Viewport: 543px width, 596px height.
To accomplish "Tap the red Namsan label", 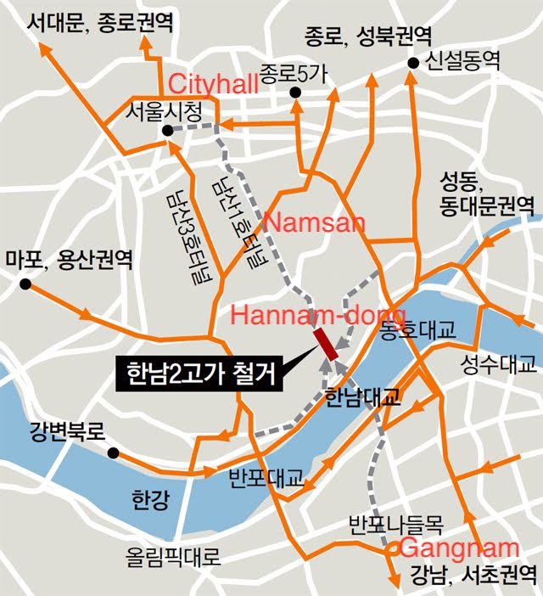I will (315, 223).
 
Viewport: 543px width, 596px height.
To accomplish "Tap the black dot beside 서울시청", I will (167, 130).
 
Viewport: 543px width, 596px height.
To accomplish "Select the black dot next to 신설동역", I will (413, 63).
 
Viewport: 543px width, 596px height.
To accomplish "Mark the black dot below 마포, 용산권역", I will (26, 284).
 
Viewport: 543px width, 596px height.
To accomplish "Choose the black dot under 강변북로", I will (112, 454).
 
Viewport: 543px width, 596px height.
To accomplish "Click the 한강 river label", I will (150, 498).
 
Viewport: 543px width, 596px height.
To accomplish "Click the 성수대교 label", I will (498, 366).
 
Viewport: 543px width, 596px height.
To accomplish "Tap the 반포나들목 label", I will (396, 521).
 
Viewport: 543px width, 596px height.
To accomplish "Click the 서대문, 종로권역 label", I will (99, 22).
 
